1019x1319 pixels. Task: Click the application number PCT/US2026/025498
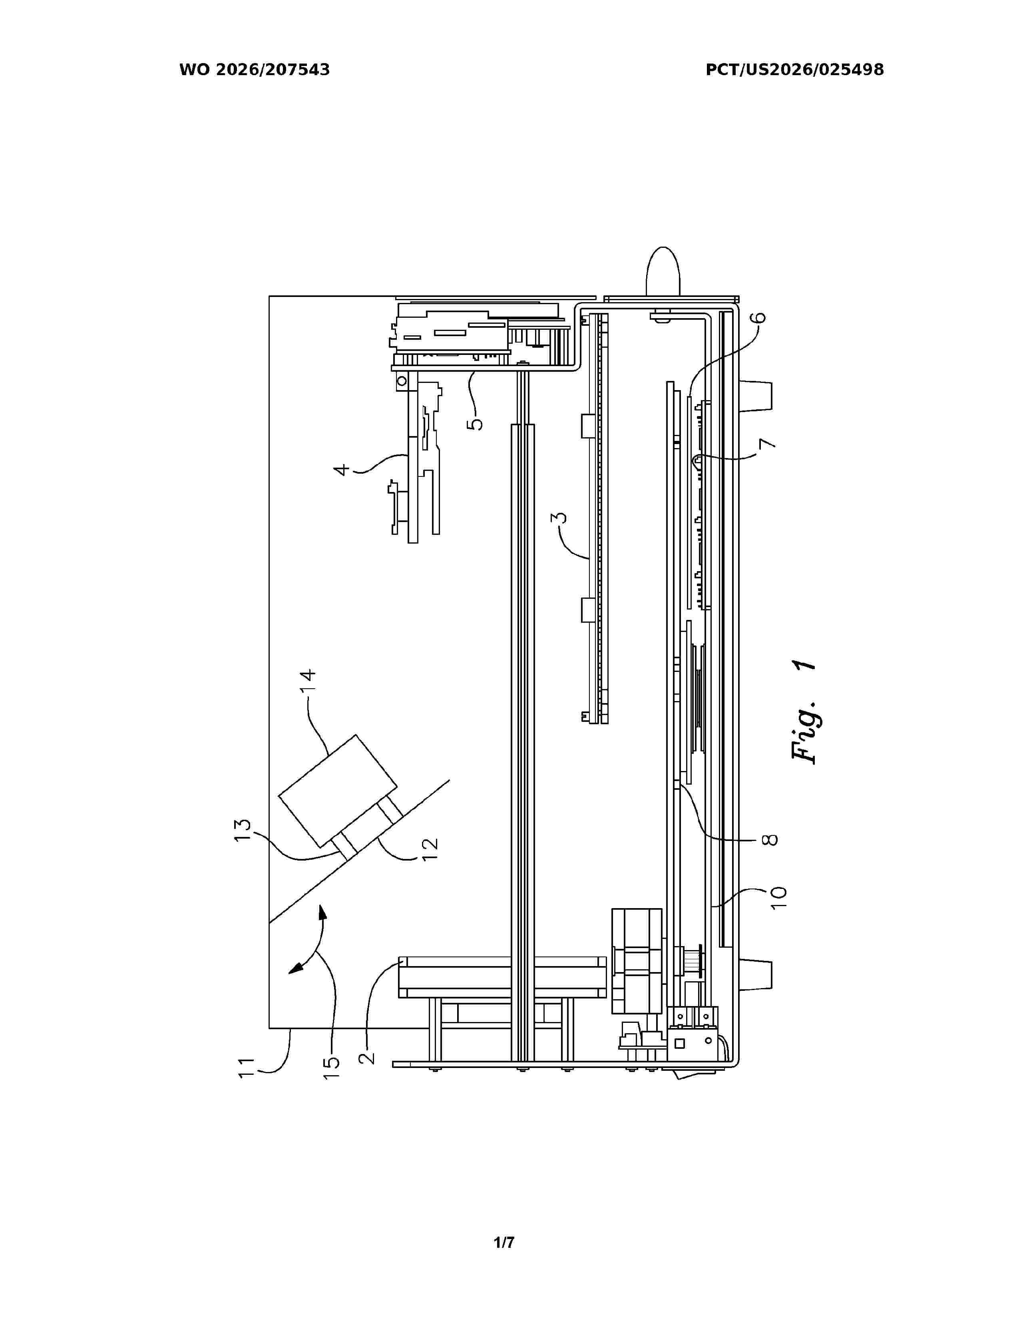tap(794, 70)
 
